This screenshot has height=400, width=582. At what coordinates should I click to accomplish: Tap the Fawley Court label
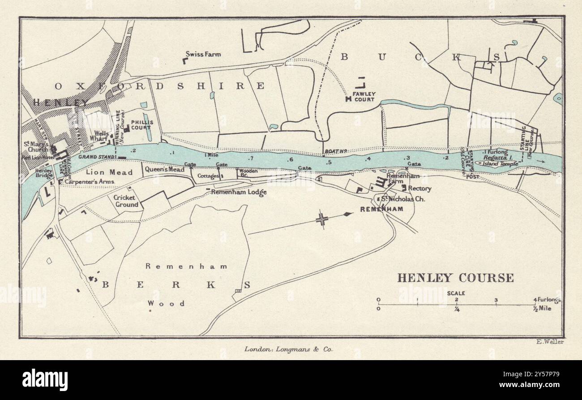364,96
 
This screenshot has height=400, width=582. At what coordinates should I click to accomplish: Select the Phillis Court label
141,125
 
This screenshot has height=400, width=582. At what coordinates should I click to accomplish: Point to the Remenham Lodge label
239,192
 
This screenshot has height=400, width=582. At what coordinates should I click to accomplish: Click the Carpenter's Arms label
90,182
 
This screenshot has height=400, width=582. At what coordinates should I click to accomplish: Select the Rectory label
420,189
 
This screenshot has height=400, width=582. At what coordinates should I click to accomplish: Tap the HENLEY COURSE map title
456,278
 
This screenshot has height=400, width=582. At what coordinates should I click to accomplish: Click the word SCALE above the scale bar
456,293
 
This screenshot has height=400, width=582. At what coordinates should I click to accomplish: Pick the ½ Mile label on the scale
542,308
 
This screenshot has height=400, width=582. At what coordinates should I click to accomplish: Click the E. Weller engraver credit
549,342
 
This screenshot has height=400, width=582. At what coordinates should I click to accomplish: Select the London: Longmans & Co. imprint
288,348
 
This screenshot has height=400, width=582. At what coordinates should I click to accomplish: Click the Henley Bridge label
44,173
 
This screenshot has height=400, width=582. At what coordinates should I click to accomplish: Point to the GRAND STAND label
97,157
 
